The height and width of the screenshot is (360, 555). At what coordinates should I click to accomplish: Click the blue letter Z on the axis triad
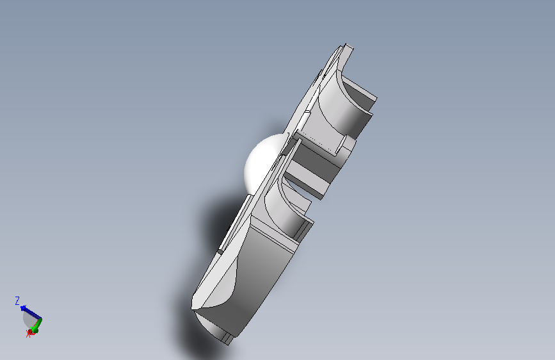coord(17,300)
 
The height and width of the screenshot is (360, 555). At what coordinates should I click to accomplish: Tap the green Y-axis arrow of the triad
coord(37,325)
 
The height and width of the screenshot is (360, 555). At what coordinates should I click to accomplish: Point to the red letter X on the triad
coord(28,334)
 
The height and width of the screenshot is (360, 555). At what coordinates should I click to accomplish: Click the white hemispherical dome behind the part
coord(261,163)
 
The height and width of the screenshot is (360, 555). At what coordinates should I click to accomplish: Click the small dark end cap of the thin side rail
coord(220,252)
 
